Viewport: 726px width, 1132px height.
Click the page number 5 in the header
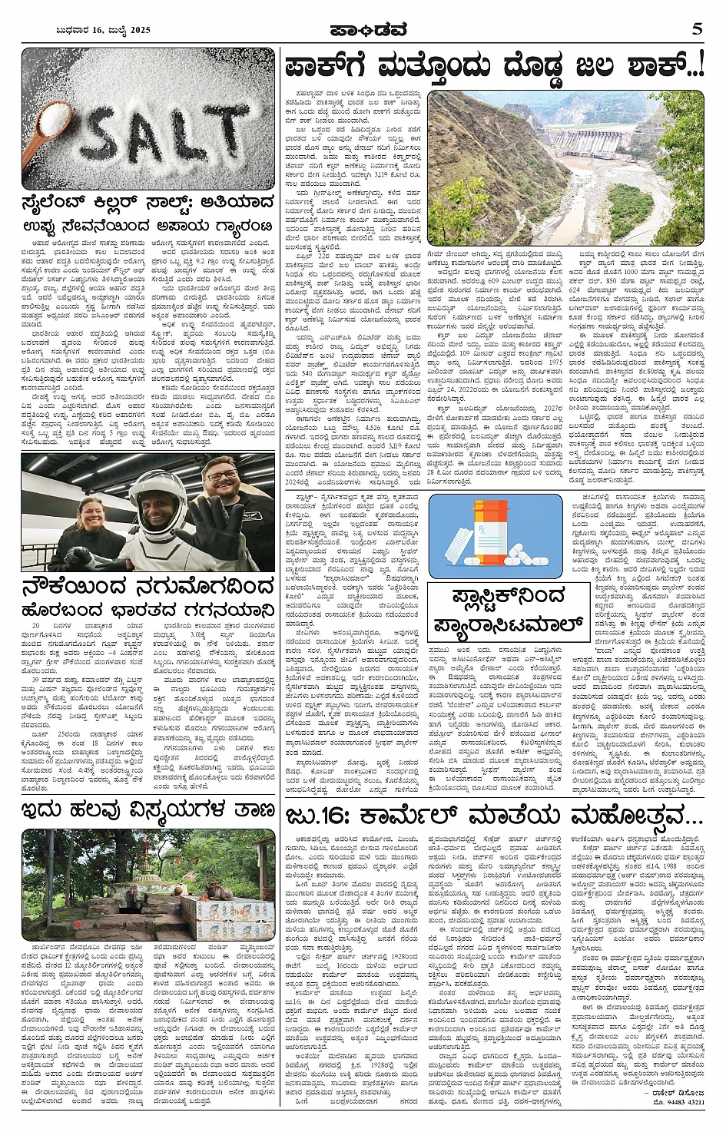coord(697,29)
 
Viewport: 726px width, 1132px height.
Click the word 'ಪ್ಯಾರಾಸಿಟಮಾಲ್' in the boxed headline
coord(505,622)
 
